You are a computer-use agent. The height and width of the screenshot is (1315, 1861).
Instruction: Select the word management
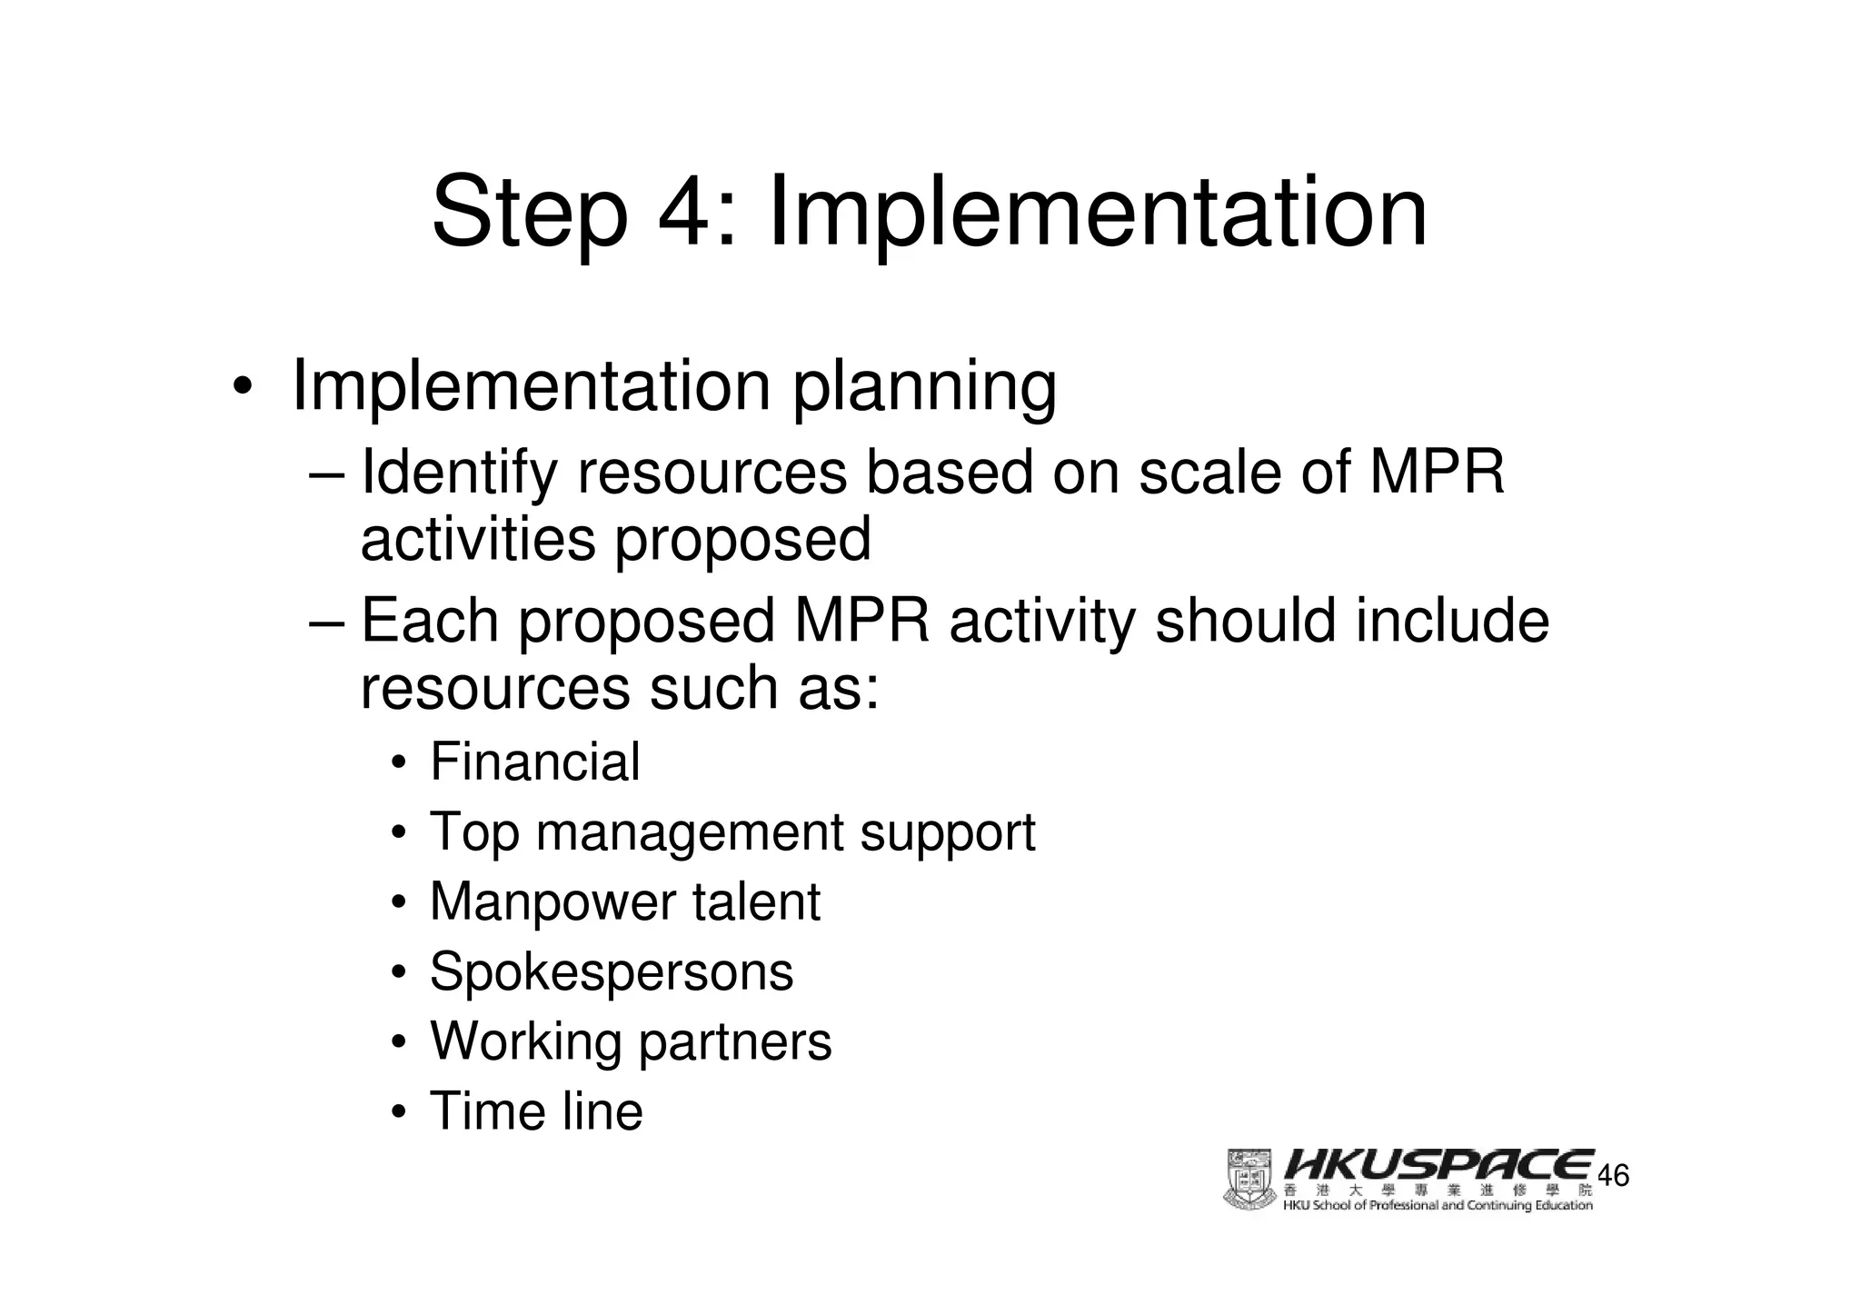(x=690, y=832)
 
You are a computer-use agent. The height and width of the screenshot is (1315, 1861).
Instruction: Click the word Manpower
(x=552, y=902)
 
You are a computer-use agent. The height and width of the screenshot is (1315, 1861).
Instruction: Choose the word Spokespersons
(x=611, y=971)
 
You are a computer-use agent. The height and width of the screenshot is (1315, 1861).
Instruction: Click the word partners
(x=734, y=1041)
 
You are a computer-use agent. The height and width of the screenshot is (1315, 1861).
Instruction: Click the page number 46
(x=1613, y=1176)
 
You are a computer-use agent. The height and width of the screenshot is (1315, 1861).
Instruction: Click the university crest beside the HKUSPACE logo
(x=1249, y=1180)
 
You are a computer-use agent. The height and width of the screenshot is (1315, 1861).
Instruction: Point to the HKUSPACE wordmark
(x=1439, y=1166)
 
